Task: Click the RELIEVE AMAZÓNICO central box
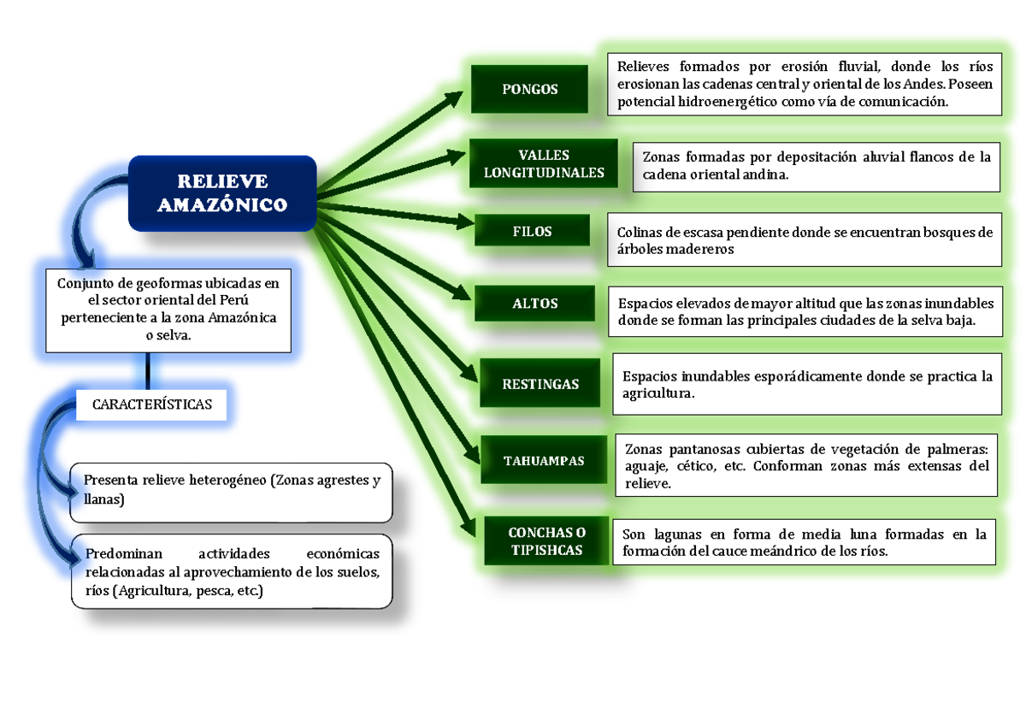tap(222, 193)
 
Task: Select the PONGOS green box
tap(529, 89)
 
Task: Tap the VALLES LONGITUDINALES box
tap(544, 163)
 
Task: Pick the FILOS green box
tap(532, 232)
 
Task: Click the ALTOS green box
tap(535, 304)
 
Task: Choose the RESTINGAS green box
tap(540, 384)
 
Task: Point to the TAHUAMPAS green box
tap(544, 461)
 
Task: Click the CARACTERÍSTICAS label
tap(152, 404)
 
